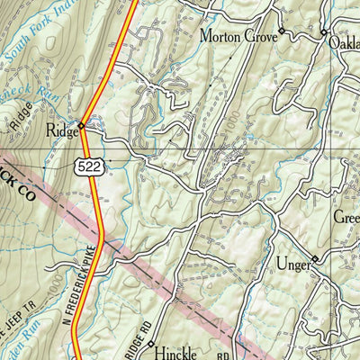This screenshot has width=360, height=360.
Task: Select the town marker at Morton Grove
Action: tap(281, 31)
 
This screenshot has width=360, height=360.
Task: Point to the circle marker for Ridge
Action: tap(81, 125)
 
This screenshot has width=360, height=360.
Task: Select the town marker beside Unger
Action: tap(314, 261)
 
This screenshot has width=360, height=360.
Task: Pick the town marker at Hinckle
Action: tap(151, 344)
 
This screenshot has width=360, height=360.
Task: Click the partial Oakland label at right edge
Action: tap(343, 40)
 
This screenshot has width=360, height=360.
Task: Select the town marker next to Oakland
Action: tap(324, 32)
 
